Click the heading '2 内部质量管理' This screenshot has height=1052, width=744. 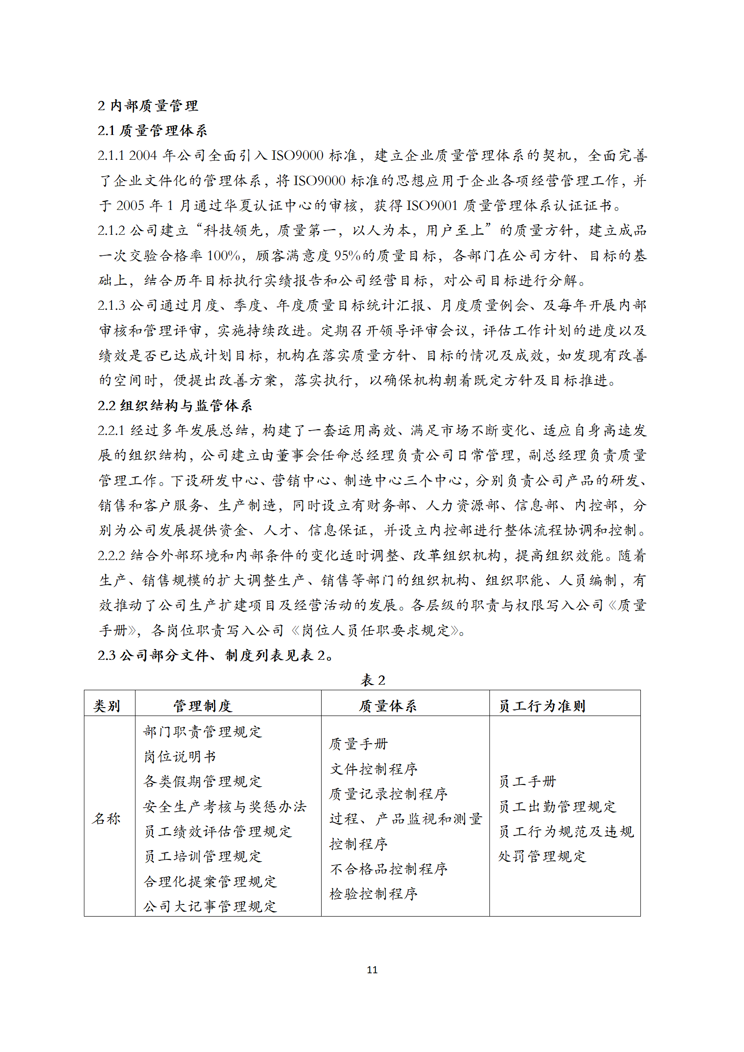148,105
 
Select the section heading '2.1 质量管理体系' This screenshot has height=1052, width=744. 152,130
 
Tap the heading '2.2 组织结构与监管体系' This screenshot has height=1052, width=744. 175,405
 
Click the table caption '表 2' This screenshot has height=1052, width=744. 373,680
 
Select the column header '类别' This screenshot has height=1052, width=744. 107,706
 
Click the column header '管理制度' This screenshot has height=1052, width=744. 203,706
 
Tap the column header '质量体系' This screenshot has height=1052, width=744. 388,706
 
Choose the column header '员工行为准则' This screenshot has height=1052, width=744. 542,706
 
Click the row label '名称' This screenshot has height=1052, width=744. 107,819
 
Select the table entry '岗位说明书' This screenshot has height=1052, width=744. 180,756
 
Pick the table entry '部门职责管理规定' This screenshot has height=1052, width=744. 203,731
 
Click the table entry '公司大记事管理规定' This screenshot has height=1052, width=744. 210,906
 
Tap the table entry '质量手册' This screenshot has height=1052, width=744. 359,744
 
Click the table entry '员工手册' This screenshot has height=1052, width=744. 527,781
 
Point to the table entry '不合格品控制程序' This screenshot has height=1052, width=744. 389,869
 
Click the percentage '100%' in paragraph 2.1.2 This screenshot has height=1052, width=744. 224,255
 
